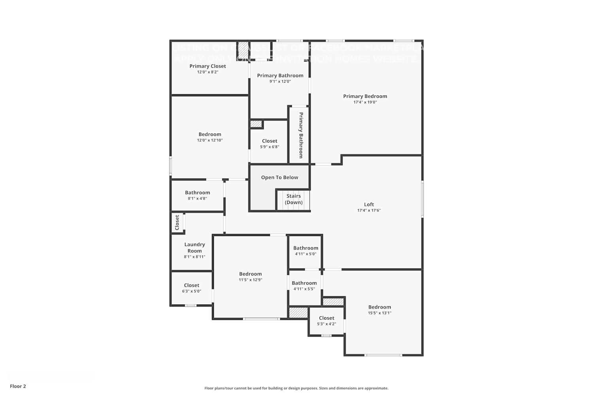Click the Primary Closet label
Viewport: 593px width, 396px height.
(x=208, y=66)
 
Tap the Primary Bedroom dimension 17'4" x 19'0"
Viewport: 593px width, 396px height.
(x=365, y=102)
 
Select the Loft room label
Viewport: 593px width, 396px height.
(x=369, y=204)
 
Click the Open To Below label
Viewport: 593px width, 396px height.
(x=280, y=177)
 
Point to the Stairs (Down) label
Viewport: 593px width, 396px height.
(x=294, y=199)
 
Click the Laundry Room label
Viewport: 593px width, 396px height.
(x=195, y=247)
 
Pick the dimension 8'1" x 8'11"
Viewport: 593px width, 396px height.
(x=195, y=257)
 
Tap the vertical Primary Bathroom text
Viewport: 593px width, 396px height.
(x=301, y=135)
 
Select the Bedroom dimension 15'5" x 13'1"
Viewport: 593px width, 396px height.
(x=380, y=313)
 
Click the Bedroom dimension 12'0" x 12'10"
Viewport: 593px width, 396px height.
(x=210, y=140)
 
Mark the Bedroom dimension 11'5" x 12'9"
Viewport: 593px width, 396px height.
(x=250, y=280)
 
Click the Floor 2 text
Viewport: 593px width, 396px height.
(x=18, y=386)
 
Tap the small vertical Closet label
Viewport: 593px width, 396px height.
(x=177, y=223)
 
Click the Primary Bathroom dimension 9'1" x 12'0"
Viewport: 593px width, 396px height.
(x=280, y=82)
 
